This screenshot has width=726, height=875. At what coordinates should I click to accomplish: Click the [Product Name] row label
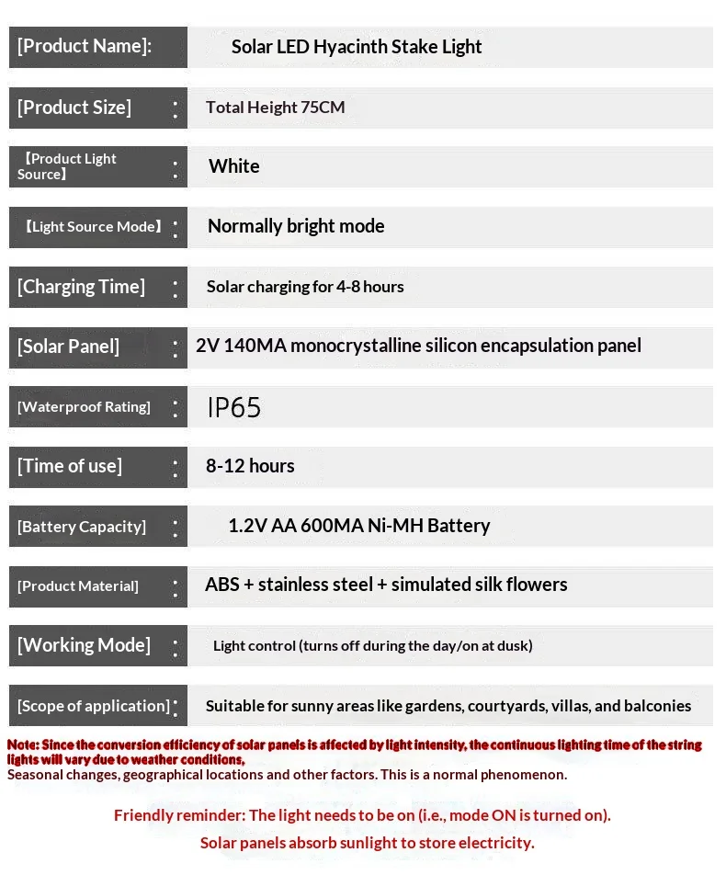pos(85,47)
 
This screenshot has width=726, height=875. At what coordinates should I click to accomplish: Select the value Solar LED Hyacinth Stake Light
pos(357,47)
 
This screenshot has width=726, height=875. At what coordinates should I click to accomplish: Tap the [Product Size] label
pos(74,108)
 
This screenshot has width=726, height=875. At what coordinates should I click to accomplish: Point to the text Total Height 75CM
pos(276,108)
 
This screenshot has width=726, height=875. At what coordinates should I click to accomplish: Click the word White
pos(234,166)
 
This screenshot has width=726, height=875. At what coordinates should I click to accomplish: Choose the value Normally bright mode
pos(296,226)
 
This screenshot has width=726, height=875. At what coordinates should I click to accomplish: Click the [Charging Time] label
pos(81,287)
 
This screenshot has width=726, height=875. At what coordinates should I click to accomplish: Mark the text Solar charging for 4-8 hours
pos(305,287)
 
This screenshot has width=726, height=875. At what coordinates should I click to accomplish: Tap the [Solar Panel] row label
pos(69,347)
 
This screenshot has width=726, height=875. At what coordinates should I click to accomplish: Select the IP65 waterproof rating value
pos(234,407)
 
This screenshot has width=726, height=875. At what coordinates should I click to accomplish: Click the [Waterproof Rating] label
pos(84,407)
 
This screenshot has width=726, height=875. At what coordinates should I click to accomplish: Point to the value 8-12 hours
pos(250,466)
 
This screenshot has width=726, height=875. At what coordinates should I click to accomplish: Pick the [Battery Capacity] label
pos(82,527)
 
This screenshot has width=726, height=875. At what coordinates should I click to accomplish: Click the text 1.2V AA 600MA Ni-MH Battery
pos(358,526)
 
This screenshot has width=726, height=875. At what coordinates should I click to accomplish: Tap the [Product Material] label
pos(78,586)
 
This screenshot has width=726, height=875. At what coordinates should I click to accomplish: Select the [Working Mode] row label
pos(84,645)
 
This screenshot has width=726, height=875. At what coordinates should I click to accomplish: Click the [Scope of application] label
pos(94,706)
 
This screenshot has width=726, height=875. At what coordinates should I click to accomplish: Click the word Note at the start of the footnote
pos(22,744)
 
